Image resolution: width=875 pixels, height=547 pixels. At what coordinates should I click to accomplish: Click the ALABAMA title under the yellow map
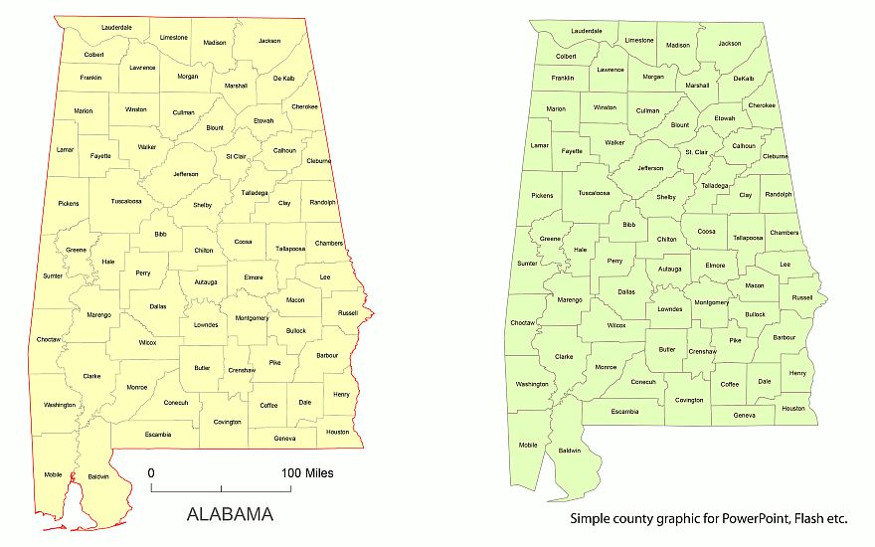tap(230, 514)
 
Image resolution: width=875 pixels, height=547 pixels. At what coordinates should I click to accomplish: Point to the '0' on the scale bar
tap(151, 472)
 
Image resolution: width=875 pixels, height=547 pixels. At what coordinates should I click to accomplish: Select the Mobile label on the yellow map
tap(53, 474)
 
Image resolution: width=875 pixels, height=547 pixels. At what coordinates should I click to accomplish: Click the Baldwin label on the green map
tap(570, 451)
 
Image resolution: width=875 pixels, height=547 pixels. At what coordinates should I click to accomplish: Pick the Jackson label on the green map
tap(730, 44)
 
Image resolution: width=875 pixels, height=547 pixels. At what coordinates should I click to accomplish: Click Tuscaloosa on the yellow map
tap(126, 201)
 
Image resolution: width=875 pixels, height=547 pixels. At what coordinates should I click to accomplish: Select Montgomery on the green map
tap(711, 302)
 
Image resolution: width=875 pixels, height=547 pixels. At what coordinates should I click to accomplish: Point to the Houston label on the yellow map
tap(338, 432)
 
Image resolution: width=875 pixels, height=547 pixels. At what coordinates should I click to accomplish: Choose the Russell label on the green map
tap(801, 297)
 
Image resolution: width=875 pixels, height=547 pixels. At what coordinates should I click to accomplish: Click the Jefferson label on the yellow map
tap(186, 174)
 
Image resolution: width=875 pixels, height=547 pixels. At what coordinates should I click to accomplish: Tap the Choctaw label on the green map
tap(522, 323)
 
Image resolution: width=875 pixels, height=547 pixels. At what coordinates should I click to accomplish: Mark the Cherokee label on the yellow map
tap(305, 106)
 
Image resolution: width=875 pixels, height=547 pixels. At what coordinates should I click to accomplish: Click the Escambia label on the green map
tap(625, 411)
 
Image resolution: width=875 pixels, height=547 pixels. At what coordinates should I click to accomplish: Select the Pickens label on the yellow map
tap(69, 204)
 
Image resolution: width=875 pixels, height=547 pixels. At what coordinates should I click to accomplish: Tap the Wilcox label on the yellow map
tap(148, 342)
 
